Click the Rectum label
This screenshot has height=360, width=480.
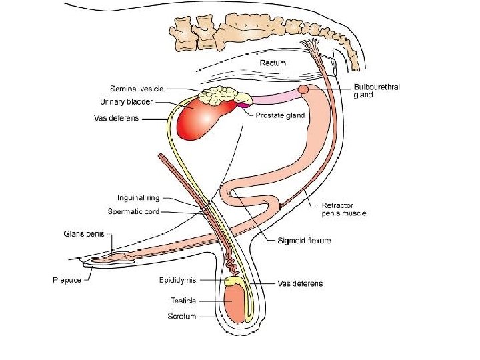coord(273,63)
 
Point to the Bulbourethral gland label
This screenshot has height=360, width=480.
coord(377,91)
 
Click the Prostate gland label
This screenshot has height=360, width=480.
coord(281,115)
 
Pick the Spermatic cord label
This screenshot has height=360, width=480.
coord(134,211)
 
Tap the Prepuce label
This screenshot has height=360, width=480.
coord(67,280)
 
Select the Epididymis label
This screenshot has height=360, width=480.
coord(177,280)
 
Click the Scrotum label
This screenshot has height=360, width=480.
coord(182,316)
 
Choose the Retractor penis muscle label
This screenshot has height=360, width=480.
coord(344,209)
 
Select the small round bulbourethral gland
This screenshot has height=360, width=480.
coord(303,89)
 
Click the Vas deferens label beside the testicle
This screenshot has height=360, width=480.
coord(299,283)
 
